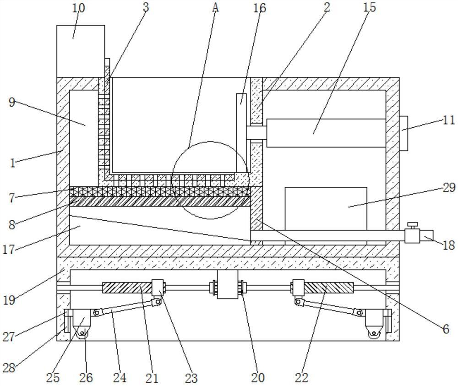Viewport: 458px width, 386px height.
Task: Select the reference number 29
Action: click(x=449, y=187)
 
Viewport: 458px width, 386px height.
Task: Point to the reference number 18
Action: click(x=448, y=245)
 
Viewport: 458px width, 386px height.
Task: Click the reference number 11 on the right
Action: click(x=449, y=120)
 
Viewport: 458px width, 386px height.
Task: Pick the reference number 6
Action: click(x=446, y=329)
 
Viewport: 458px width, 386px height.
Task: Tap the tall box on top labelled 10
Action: click(x=81, y=51)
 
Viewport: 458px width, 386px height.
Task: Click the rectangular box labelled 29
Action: click(x=326, y=208)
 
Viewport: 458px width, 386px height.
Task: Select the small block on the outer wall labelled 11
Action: click(x=403, y=133)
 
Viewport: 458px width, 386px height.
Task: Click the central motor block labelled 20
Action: click(x=228, y=285)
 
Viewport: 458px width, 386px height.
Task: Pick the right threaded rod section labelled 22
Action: click(x=329, y=288)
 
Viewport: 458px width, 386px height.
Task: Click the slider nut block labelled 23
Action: click(x=158, y=288)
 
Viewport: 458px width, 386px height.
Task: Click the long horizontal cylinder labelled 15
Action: click(x=326, y=133)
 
